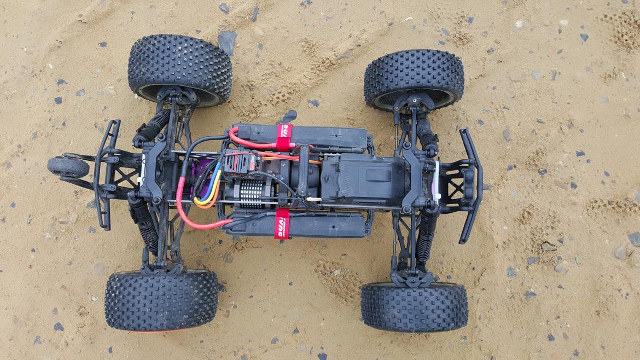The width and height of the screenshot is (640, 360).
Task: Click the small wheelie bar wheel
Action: point(67,167)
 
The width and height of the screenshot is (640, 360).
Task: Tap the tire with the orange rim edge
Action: point(161,300)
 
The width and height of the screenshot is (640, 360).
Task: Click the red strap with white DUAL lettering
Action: point(282,223)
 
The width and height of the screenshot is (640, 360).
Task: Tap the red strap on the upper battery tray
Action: point(284,137)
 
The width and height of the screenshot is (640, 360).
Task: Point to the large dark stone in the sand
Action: point(226,40)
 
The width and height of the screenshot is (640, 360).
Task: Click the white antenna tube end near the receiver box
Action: point(314,199)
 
